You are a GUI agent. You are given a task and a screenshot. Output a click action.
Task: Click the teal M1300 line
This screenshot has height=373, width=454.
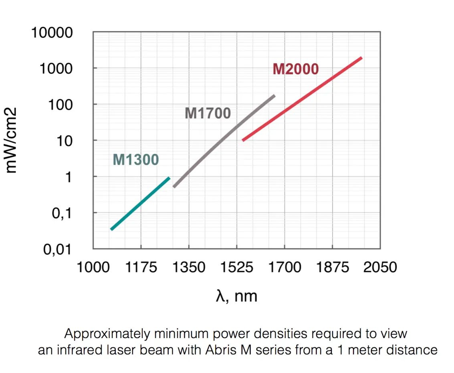(140, 204)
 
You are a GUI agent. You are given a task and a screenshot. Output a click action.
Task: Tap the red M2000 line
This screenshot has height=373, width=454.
(303, 99)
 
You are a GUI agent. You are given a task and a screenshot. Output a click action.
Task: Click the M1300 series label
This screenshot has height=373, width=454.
(136, 159)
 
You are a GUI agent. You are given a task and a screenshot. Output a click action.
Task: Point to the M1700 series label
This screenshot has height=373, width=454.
(208, 113)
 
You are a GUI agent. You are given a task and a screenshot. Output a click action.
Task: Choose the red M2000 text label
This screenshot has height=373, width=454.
(296, 69)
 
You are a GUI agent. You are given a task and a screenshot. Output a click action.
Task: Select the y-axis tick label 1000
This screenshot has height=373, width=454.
(57, 69)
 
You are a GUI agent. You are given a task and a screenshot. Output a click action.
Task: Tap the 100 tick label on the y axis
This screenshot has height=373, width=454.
(62, 105)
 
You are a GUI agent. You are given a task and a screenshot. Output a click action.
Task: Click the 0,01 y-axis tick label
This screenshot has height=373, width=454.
(59, 250)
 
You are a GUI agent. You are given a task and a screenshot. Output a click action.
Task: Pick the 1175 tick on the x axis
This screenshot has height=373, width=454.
(141, 267)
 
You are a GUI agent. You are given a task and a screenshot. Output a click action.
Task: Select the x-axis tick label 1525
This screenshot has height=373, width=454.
(236, 267)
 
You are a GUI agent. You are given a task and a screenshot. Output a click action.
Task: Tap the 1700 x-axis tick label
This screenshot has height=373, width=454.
(284, 267)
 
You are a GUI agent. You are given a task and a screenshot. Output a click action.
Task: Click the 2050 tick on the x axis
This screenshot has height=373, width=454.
(379, 267)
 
